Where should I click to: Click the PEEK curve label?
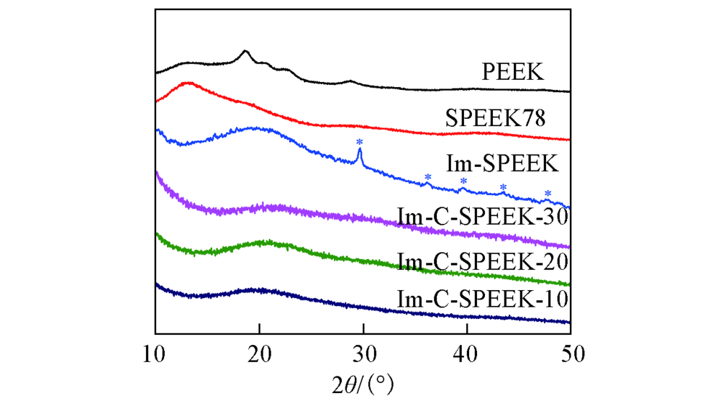pyautogui.click(x=513, y=72)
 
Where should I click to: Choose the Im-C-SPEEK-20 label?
pyautogui.click(x=482, y=261)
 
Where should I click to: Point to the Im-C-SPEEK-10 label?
pyautogui.click(x=482, y=299)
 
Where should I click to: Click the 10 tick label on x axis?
pyautogui.click(x=155, y=355)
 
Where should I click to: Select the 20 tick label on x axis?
pyautogui.click(x=259, y=355)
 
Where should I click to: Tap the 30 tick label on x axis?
pyautogui.click(x=363, y=355)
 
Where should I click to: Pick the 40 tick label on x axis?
pyautogui.click(x=467, y=355)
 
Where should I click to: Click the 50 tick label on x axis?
pyautogui.click(x=571, y=355)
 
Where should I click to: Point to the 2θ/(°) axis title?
pyautogui.click(x=364, y=381)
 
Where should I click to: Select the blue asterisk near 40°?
pyautogui.click(x=463, y=181)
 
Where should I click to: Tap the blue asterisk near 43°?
pyautogui.click(x=502, y=188)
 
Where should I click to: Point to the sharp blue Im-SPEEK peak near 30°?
pyautogui.click(x=359, y=150)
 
